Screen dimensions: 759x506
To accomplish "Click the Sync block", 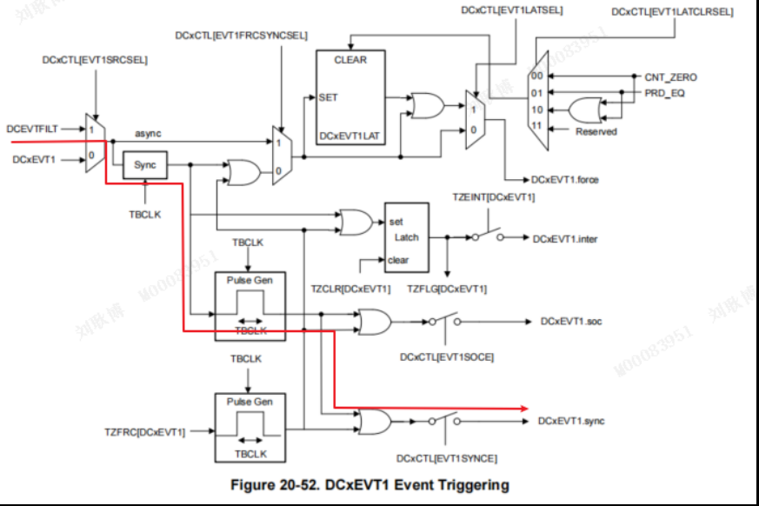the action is [144, 164].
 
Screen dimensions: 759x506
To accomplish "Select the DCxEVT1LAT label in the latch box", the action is [350, 136].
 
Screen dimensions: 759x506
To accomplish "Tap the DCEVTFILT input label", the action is [32, 129].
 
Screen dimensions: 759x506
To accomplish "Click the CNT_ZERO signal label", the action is [670, 77].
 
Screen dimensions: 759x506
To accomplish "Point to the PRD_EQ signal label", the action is [664, 93].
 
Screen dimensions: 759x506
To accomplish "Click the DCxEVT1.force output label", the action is [564, 180].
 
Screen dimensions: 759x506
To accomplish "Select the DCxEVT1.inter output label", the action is [565, 239].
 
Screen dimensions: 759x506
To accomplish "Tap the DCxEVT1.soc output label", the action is [571, 321].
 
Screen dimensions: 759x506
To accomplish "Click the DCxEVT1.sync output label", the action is [571, 421].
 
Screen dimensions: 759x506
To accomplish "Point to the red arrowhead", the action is [524, 409].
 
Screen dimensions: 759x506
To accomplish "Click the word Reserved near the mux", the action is [596, 131].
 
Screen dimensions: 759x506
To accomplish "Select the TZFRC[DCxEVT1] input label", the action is [144, 431].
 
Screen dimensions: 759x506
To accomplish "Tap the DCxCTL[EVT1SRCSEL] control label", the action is [95, 60].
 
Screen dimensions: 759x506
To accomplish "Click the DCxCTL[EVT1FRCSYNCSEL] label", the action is [241, 36].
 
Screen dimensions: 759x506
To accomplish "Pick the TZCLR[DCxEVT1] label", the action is [350, 289].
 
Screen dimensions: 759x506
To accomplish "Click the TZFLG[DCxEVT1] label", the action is [447, 289].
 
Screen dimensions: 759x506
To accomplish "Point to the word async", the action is [148, 133].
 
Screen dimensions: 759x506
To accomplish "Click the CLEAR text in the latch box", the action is [350, 60].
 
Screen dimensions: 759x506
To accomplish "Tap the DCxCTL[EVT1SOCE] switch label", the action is [447, 356].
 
